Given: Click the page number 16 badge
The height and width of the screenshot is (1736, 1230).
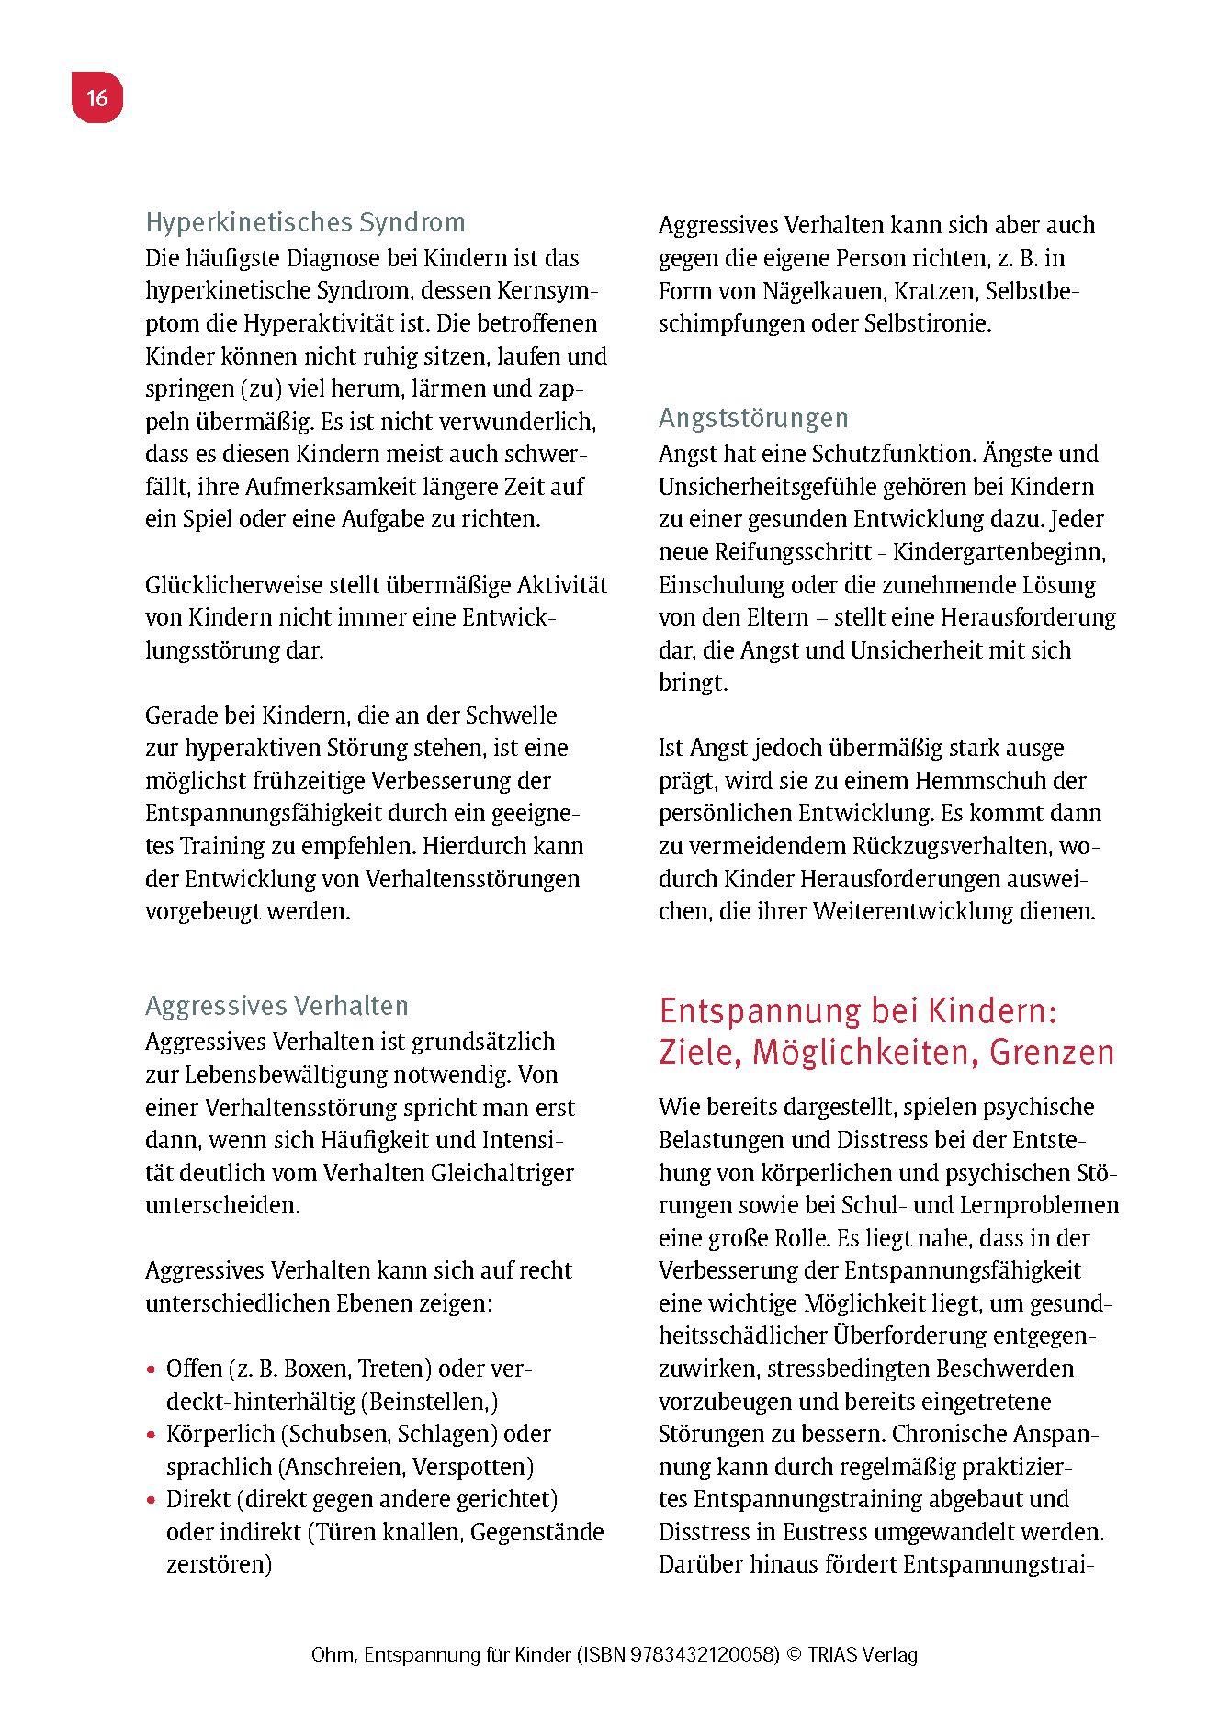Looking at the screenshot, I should click(97, 97).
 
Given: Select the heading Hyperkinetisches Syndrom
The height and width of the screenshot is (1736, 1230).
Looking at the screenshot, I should click(305, 222).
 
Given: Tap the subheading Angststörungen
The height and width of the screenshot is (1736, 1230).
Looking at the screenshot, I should click(753, 419).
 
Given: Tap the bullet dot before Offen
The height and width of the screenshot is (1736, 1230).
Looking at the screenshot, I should click(152, 1370).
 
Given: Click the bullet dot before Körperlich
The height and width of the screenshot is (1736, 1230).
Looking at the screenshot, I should click(152, 1435).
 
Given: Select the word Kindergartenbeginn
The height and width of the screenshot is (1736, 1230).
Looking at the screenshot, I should click(999, 552).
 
